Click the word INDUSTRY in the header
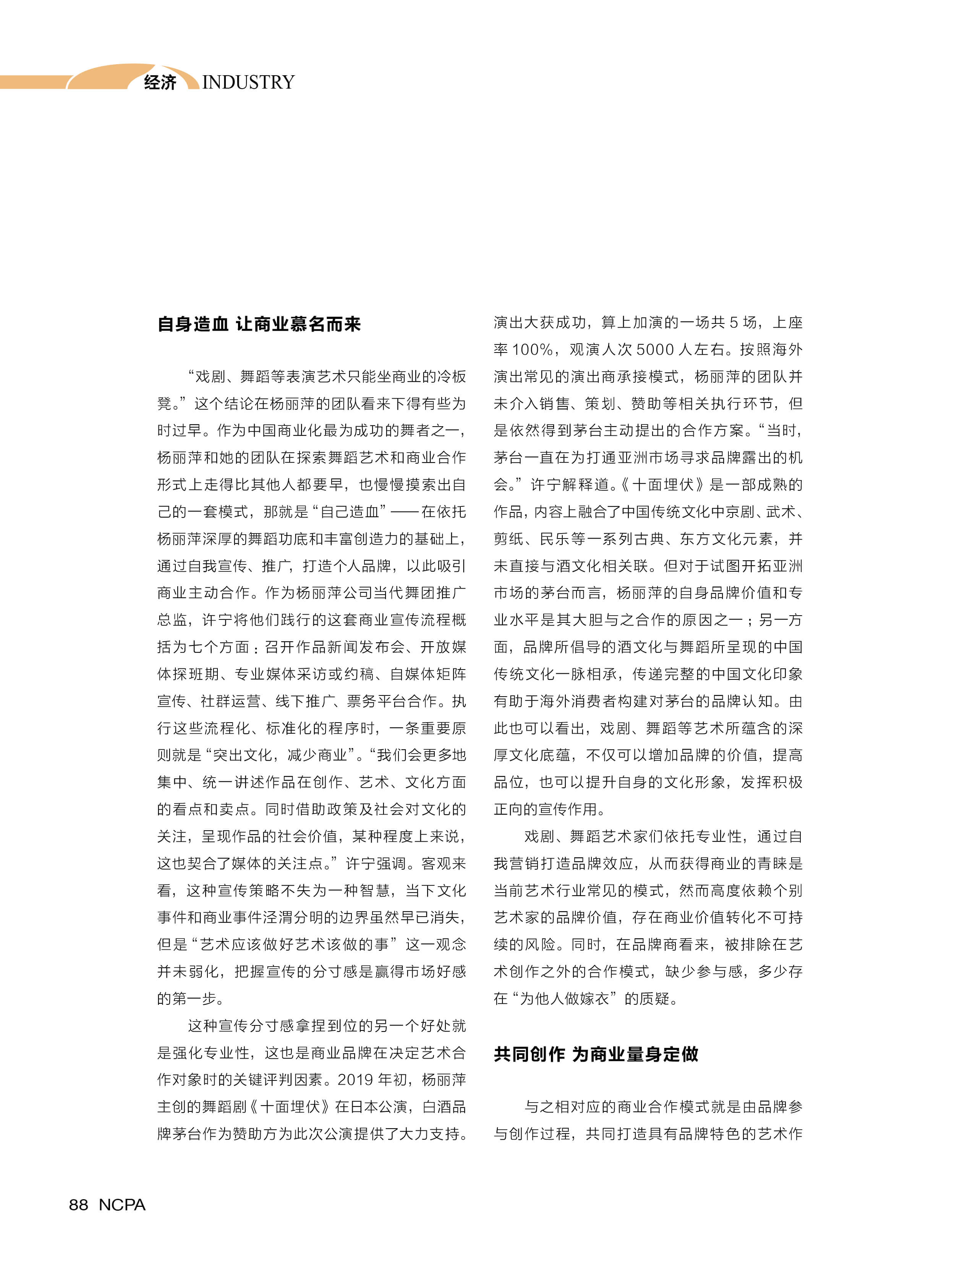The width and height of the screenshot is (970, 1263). point(248,82)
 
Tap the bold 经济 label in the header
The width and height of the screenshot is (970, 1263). point(160,82)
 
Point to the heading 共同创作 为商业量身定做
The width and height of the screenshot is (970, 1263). point(596,1054)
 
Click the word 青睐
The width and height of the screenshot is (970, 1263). point(757,864)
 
